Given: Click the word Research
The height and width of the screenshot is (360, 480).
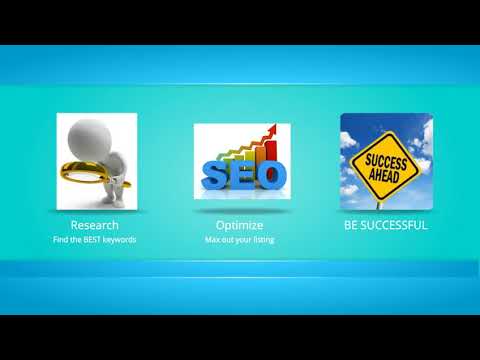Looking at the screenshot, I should [x=94, y=225].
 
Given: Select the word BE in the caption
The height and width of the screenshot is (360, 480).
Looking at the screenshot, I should [x=351, y=225].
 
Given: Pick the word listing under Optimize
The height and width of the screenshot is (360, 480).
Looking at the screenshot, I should [x=259, y=240].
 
